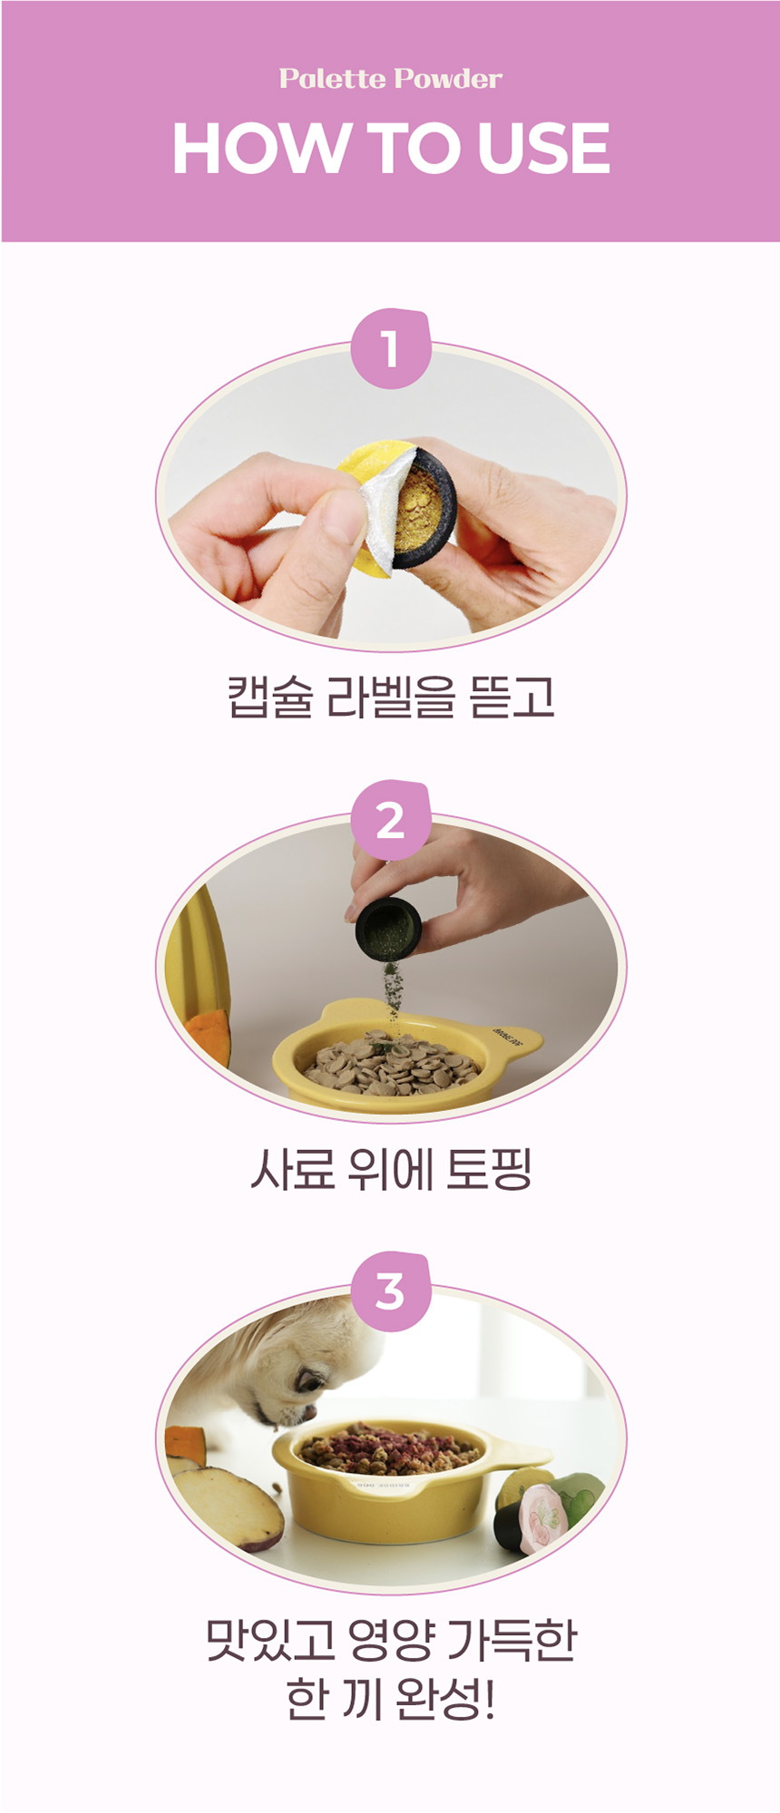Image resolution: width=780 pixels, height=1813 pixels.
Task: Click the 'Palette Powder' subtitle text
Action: click(390, 79)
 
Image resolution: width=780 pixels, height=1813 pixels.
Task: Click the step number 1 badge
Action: click(390, 349)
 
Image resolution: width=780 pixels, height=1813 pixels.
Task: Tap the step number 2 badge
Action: click(390, 821)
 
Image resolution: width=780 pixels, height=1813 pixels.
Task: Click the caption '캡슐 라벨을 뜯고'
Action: click(390, 697)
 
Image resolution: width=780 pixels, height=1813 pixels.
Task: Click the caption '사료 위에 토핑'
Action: click(390, 1169)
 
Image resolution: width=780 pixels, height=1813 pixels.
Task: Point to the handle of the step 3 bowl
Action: click(521, 1457)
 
